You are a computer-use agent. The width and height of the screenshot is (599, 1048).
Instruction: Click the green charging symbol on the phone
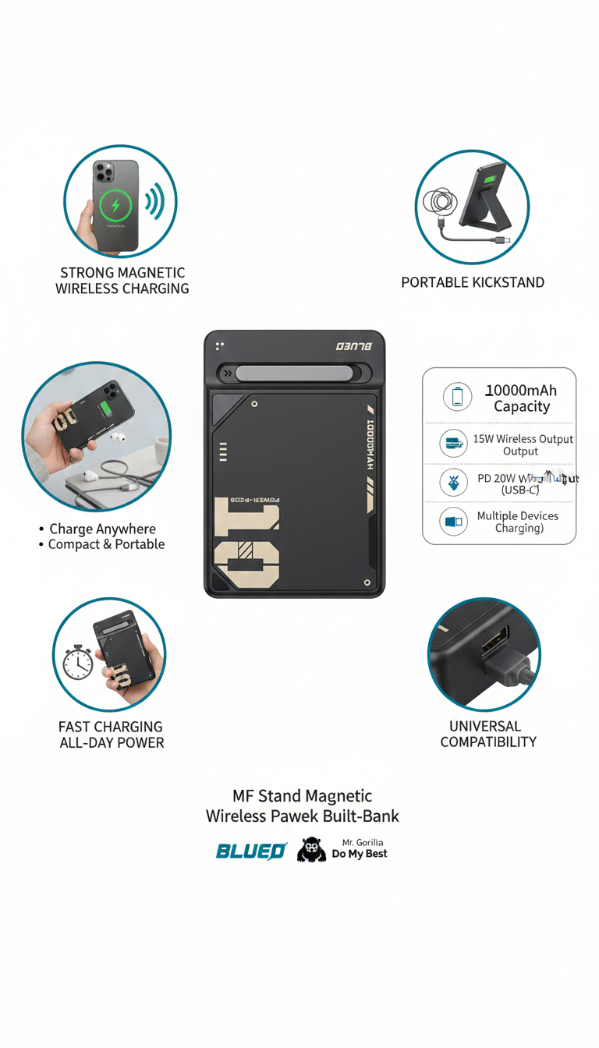116,206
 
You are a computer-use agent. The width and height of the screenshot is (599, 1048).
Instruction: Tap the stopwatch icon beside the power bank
78,662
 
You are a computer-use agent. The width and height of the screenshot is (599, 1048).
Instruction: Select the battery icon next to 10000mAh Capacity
457,397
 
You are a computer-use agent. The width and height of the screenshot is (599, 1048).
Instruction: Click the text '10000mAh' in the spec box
521,390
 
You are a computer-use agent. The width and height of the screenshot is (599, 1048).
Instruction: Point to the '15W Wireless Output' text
523,439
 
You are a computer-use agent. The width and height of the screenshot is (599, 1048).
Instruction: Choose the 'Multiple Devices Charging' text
518,522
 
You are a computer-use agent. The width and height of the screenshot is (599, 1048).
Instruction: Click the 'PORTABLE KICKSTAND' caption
473,282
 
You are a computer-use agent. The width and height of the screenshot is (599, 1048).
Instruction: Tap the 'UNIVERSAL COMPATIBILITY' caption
488,734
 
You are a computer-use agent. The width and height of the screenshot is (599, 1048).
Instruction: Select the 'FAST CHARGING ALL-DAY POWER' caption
112,735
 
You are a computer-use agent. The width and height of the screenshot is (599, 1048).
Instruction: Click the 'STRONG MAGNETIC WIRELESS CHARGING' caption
122,281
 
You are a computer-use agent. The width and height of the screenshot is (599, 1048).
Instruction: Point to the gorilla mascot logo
311,850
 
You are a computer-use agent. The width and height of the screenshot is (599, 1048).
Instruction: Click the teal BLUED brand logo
251,851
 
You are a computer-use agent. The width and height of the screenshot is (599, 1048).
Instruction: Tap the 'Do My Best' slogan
360,854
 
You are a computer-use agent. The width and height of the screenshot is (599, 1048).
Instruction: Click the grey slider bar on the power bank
289,374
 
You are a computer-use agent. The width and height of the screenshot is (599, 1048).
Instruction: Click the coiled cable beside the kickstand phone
439,204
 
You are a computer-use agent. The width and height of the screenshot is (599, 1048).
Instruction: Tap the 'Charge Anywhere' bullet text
102,529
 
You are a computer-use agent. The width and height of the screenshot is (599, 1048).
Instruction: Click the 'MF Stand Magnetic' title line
303,796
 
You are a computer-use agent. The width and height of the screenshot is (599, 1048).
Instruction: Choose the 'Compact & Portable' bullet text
106,544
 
